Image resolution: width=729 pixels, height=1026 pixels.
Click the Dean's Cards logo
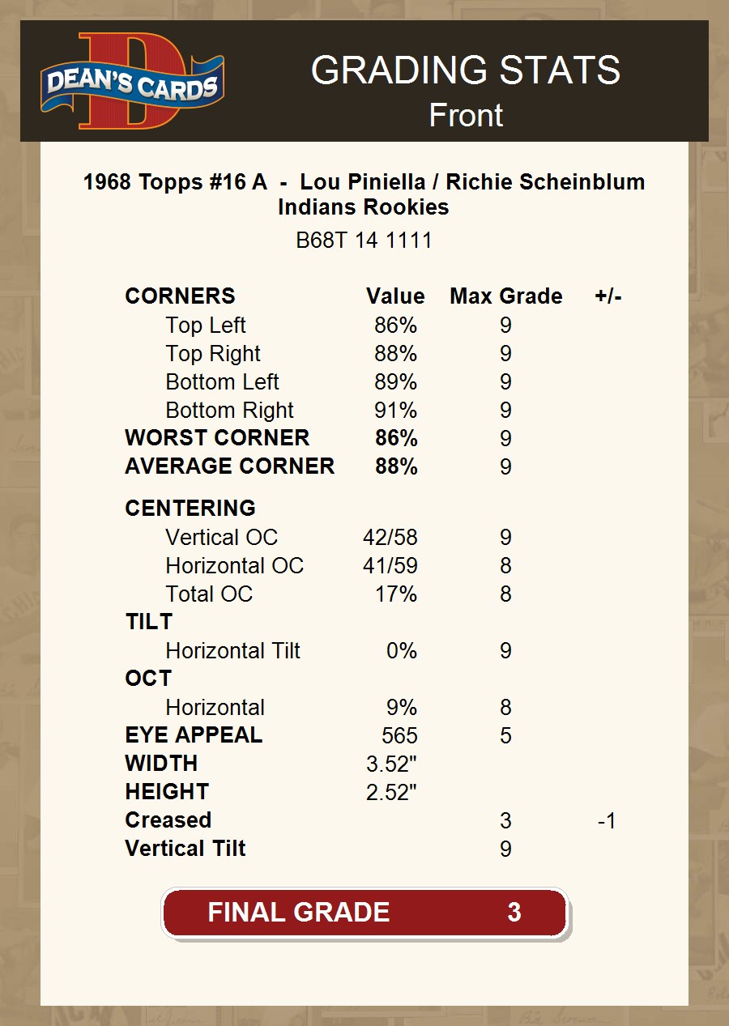(133, 82)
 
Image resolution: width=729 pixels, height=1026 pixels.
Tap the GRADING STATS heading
(465, 70)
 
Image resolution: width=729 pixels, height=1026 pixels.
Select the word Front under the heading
(465, 115)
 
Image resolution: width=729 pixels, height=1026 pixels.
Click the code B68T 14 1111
(364, 241)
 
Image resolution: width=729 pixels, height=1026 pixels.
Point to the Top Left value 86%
(395, 326)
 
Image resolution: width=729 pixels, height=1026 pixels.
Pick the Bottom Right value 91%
(395, 411)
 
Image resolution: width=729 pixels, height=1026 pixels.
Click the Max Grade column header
(505, 296)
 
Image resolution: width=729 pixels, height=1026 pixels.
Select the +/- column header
(607, 296)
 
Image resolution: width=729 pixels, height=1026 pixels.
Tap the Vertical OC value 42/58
(390, 538)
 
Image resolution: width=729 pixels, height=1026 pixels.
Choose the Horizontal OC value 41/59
(390, 566)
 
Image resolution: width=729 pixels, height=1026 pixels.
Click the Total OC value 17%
(395, 594)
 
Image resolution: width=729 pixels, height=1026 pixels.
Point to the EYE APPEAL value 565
(399, 736)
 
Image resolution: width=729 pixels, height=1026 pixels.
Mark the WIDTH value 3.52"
(391, 764)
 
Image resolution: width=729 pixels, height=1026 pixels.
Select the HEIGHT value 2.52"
(391, 793)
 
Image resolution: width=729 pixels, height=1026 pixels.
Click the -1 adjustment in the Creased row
(607, 821)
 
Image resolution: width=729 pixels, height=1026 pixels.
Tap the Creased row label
(168, 820)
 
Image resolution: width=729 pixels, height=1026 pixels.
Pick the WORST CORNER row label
(217, 438)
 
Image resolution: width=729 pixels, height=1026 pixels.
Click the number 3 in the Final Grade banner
(514, 913)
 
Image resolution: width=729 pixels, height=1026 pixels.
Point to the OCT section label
(148, 679)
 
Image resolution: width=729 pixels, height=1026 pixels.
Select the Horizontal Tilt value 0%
(401, 651)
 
